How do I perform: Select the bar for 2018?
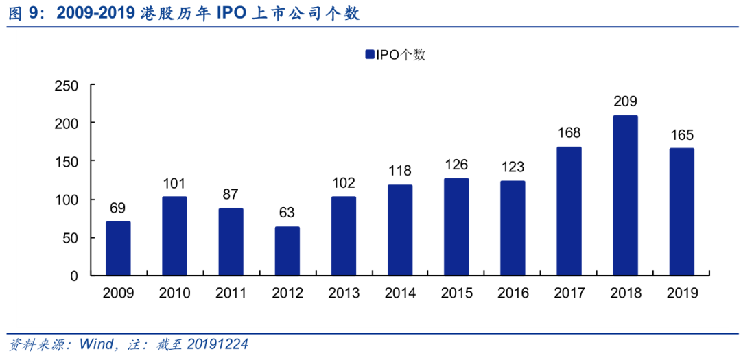point(626,195)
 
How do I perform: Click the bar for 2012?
point(287,251)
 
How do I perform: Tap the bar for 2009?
point(118,248)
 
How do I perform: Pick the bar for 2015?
point(456,227)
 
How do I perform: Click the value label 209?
point(626,101)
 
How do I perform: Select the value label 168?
point(569,132)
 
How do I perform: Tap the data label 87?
point(231,194)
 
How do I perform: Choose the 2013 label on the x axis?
point(344,293)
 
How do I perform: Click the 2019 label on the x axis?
point(682,293)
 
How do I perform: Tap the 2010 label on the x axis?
point(174,293)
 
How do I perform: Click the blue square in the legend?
point(369,55)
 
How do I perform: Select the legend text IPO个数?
point(401,55)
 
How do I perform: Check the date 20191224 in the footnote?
point(216,344)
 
